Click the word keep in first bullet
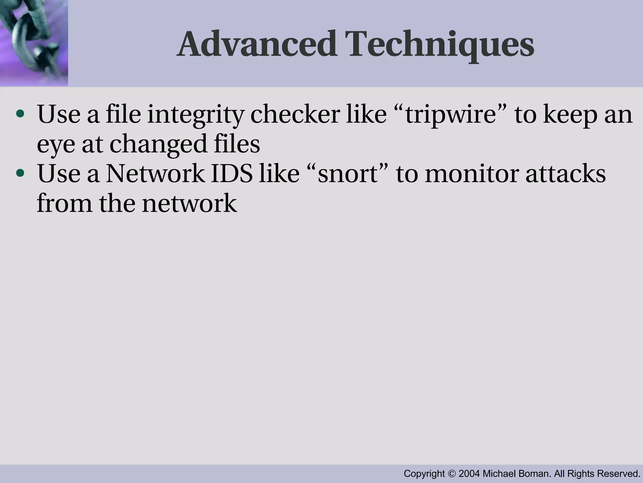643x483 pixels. [570, 115]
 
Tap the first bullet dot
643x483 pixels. [20, 114]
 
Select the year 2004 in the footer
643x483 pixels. [469, 474]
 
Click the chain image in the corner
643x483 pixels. [34, 43]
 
